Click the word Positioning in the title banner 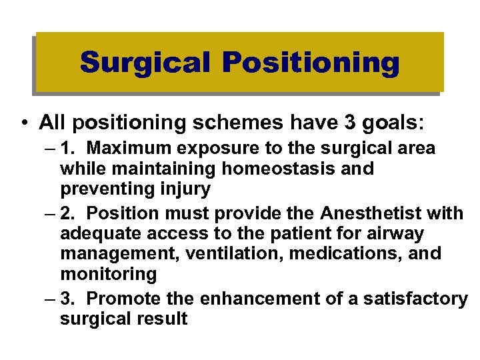pyautogui.click(x=311, y=63)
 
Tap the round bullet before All pyautogui.click(x=23, y=123)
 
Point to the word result pyautogui.click(x=161, y=319)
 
